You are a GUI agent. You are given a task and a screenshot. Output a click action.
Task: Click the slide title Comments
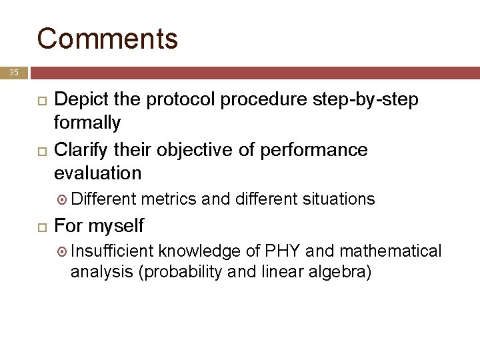pyautogui.click(x=107, y=39)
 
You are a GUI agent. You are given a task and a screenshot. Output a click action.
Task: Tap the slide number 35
pyautogui.click(x=14, y=72)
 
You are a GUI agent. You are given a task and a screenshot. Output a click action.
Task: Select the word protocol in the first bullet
pyautogui.click(x=178, y=100)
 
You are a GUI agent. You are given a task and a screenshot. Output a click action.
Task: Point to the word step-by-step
pyautogui.click(x=365, y=100)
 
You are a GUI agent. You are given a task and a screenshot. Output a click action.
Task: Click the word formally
pyautogui.click(x=87, y=123)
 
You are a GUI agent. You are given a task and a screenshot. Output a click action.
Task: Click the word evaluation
pyautogui.click(x=97, y=173)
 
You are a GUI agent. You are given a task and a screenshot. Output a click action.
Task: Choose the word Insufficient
pyautogui.click(x=112, y=251)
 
